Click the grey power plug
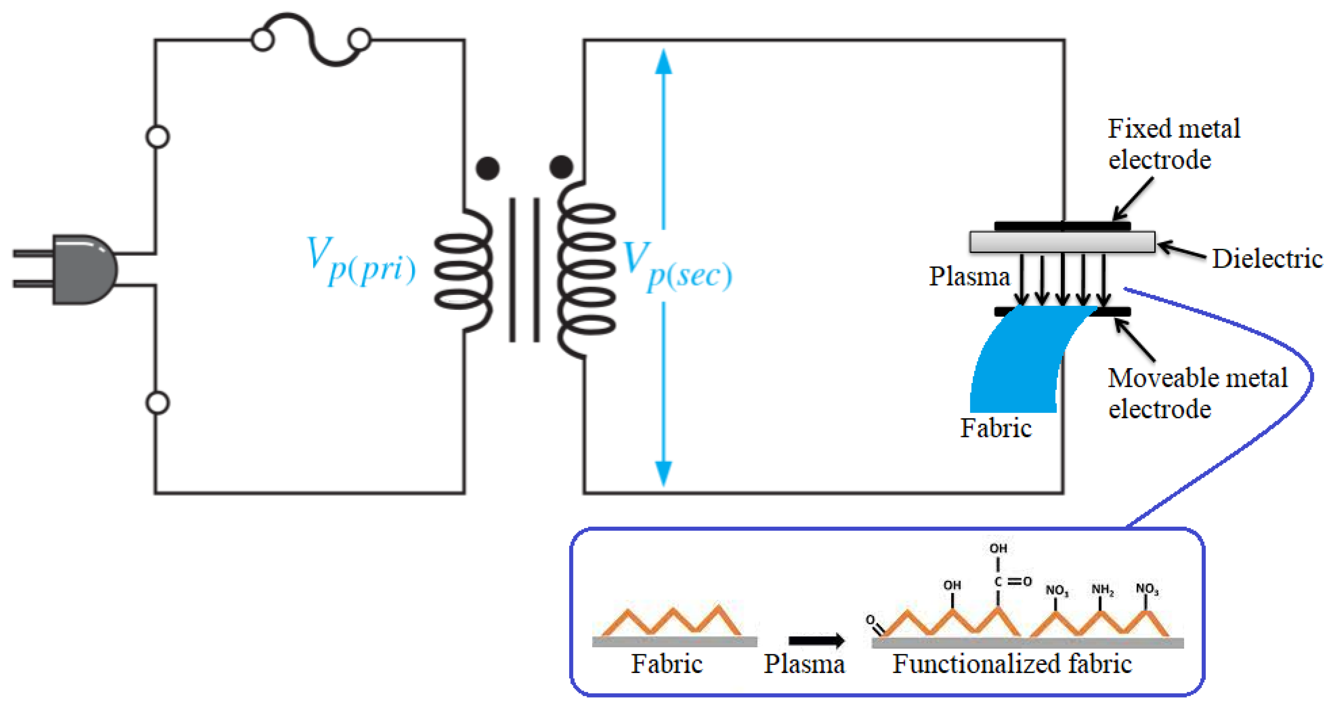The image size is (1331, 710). (83, 269)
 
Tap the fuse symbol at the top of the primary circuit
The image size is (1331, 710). (311, 39)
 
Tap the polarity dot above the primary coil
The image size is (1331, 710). (487, 168)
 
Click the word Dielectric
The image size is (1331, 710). (1267, 258)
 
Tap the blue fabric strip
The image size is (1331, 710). (1015, 362)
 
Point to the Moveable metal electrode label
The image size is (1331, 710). (1196, 393)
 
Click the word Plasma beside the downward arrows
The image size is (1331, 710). (969, 276)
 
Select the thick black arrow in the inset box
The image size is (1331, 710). (817, 641)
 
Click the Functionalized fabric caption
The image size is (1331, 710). (1012, 663)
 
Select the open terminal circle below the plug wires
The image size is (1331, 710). (158, 403)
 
